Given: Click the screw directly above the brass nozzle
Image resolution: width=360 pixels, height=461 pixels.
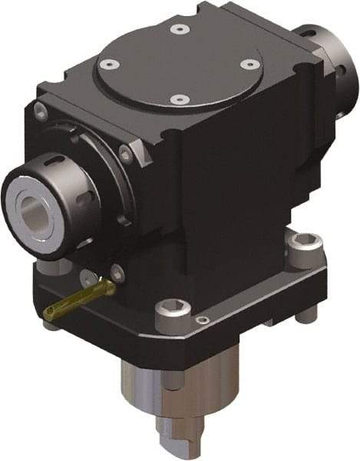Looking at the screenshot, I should click(115, 271).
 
